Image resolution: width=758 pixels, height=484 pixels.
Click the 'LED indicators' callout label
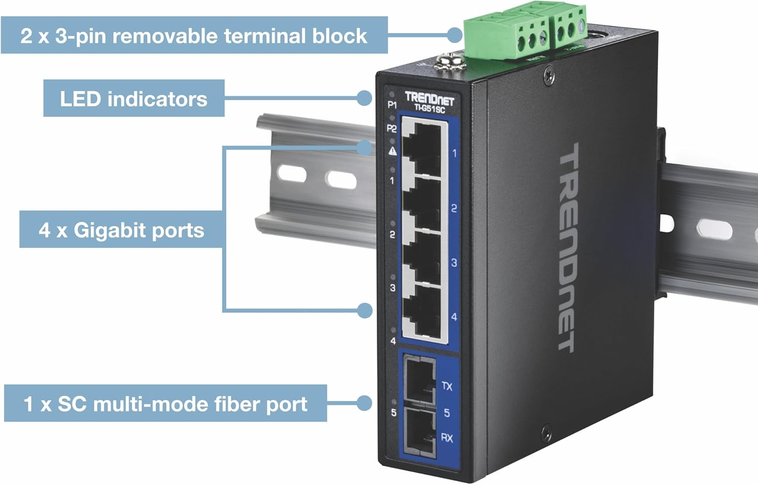pyautogui.click(x=133, y=99)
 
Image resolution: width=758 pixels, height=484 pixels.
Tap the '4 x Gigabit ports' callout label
pyautogui.click(x=121, y=230)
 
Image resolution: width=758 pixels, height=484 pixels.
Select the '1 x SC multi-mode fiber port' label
pyautogui.click(x=165, y=404)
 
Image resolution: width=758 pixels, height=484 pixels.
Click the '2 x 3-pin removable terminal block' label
pyautogui.click(x=194, y=36)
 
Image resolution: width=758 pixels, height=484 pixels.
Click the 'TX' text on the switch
pyautogui.click(x=447, y=386)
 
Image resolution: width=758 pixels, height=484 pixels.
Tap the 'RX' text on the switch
pyautogui.click(x=447, y=437)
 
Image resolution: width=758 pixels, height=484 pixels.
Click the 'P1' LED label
pyautogui.click(x=392, y=105)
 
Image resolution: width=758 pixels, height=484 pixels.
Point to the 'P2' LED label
pyautogui.click(x=391, y=128)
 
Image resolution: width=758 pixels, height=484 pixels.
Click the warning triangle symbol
pyautogui.click(x=392, y=151)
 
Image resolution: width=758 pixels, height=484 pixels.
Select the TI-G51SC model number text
pyautogui.click(x=429, y=108)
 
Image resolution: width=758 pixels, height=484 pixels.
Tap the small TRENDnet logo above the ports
pyautogui.click(x=429, y=98)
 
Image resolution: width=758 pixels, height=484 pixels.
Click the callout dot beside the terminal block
pyautogui.click(x=455, y=35)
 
